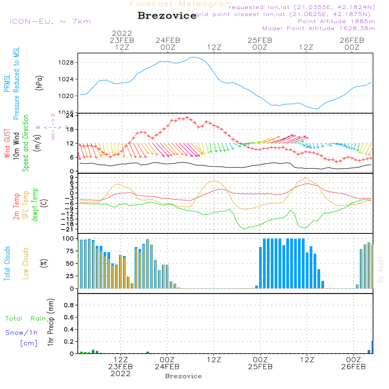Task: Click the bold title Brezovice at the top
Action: tap(167, 16)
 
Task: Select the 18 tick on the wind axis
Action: tap(70, 130)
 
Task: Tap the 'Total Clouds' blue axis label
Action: tap(7, 263)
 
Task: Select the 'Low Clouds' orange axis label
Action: tap(26, 263)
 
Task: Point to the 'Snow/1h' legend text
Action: tap(21, 333)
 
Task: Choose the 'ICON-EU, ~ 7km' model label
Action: tap(50, 21)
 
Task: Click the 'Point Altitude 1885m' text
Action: tap(336, 21)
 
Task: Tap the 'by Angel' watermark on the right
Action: tap(380, 269)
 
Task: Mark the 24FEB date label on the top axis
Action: tap(168, 40)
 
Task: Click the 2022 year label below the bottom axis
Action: tap(121, 374)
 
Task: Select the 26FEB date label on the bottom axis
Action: tap(353, 367)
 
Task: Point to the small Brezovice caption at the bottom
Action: tap(183, 376)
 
